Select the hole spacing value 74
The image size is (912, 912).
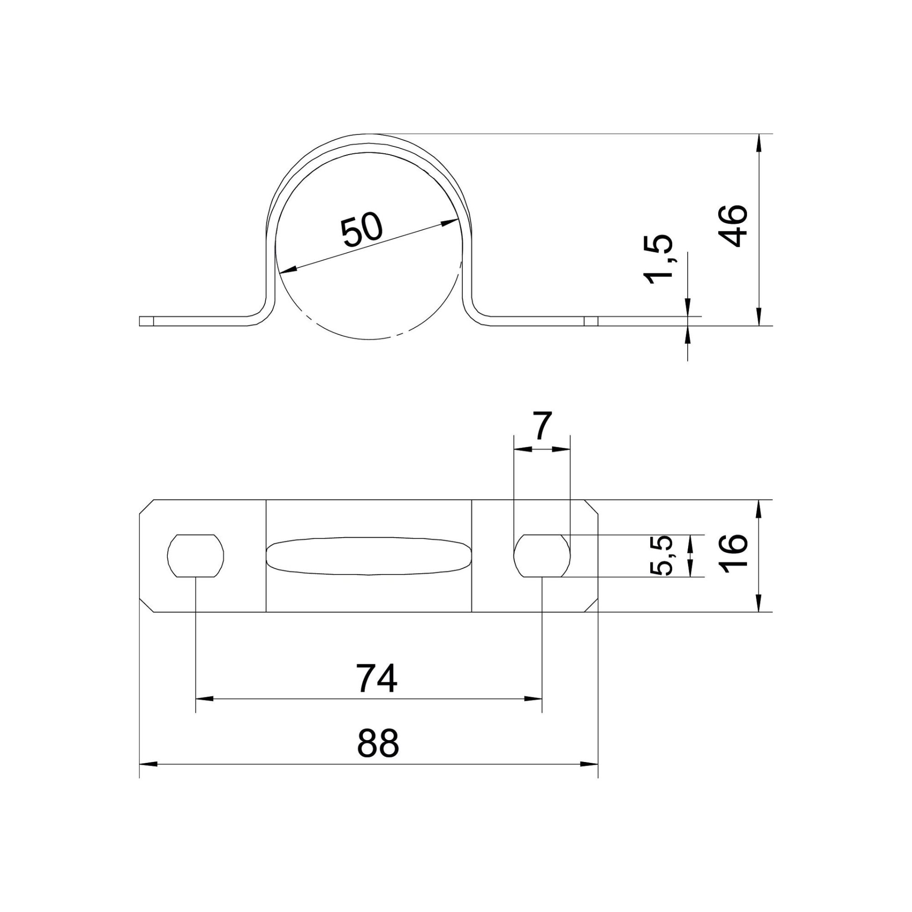tap(377, 679)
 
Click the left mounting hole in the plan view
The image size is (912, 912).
tap(196, 555)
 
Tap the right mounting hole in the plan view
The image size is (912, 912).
tap(542, 555)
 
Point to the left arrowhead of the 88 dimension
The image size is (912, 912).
tap(148, 777)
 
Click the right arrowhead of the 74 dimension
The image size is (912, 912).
tap(534, 712)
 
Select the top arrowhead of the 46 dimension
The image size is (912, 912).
tap(759, 142)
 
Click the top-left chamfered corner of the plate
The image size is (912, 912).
tap(146, 506)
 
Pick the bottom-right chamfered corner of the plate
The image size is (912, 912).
tap(592, 606)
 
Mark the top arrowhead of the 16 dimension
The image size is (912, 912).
tap(759, 508)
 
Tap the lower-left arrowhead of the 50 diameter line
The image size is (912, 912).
tap(286, 270)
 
